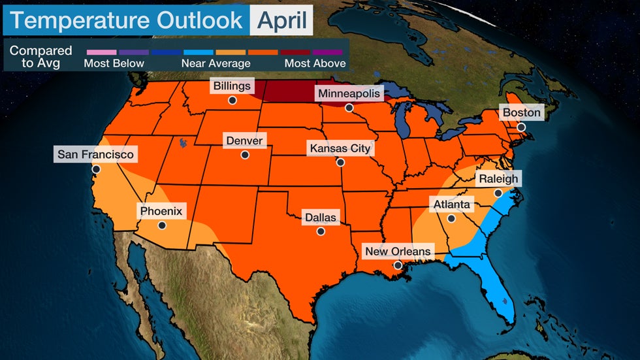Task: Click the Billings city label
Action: (232, 86)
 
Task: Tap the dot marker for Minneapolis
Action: (349, 108)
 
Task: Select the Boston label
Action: (521, 112)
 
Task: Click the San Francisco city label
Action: (95, 155)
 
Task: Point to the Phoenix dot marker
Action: (162, 225)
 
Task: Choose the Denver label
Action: (244, 140)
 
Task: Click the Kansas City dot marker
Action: (340, 163)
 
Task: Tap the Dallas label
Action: (320, 217)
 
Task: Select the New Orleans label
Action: (398, 252)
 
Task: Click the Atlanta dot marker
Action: (451, 218)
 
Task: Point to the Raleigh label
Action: (498, 178)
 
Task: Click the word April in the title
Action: (281, 20)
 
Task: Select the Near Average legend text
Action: (216, 63)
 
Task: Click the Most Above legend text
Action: (315, 63)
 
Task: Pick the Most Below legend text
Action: (114, 63)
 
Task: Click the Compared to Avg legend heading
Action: (40, 57)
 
